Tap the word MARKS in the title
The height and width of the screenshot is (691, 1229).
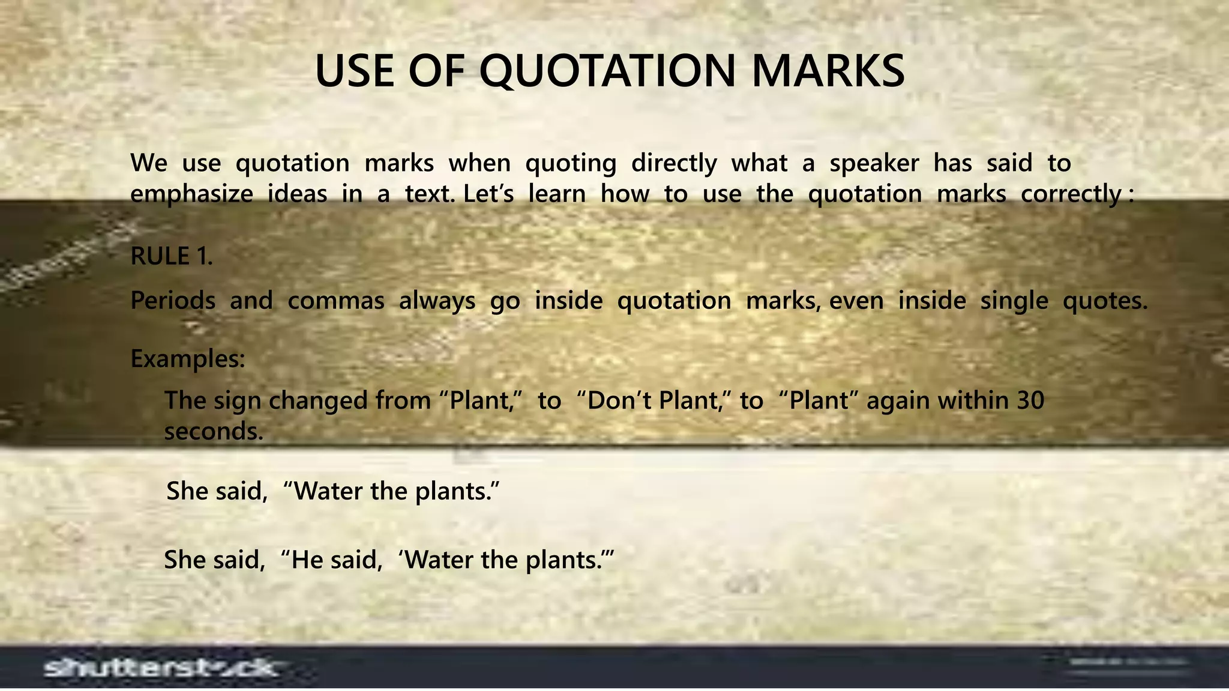coord(828,71)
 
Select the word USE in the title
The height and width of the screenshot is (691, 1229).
coord(355,71)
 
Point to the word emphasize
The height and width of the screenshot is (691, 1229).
coord(191,194)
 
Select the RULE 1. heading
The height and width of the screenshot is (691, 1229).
coord(172,257)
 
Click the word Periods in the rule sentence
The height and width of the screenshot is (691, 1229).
coord(173,300)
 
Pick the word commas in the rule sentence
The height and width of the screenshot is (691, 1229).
coord(335,300)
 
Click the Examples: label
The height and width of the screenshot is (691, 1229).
coord(187,359)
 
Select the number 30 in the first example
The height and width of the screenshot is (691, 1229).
coord(1030,400)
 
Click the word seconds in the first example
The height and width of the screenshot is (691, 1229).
coord(213,431)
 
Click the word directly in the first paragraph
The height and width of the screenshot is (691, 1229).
coord(674,164)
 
